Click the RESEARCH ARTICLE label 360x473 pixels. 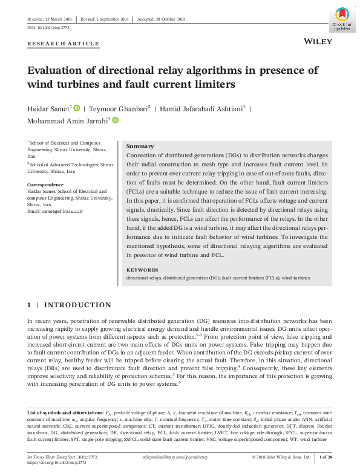point(63,44)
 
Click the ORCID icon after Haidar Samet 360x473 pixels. point(76,108)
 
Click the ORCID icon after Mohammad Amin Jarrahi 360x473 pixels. point(115,121)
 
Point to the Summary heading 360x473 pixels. point(140,146)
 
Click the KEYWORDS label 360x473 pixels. point(142,270)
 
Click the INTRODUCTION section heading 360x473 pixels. point(77,305)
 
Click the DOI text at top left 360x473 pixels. point(49,28)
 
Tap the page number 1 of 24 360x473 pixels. point(326,457)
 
